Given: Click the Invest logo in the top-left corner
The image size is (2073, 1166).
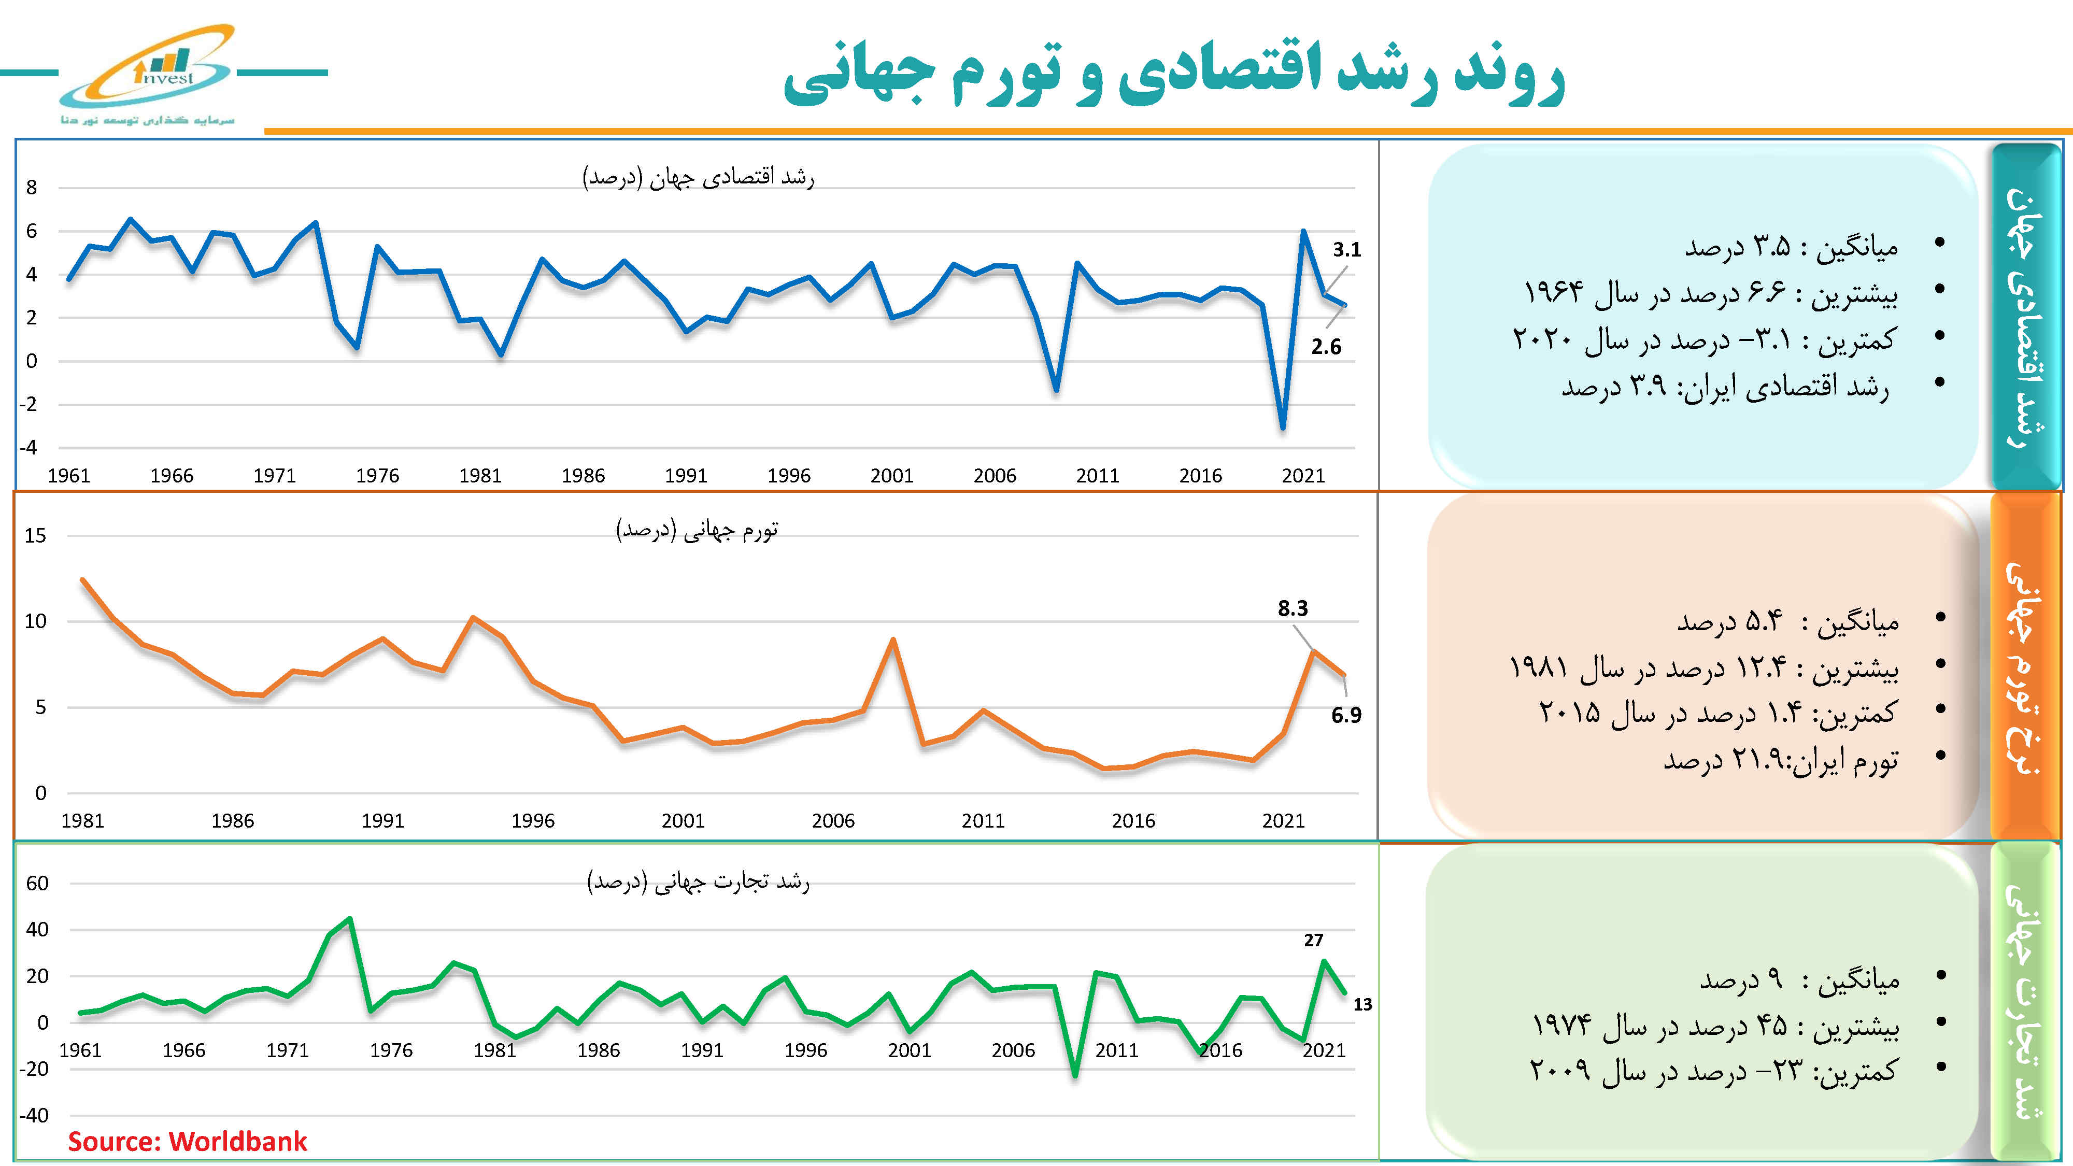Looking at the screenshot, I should [x=149, y=74].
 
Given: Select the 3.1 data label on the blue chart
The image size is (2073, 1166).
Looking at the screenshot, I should [x=1346, y=249].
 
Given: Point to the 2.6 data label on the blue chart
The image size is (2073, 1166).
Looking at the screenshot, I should [x=1325, y=347].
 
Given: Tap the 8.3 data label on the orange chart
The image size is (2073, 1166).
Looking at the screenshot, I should [x=1293, y=608].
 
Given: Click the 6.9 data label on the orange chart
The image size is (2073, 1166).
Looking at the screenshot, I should [x=1345, y=715].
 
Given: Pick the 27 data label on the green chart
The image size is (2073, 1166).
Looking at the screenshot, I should [x=1313, y=940].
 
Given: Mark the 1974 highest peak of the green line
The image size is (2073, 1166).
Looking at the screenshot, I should [x=349, y=919].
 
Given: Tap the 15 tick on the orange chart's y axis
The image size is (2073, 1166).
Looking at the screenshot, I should [x=35, y=535].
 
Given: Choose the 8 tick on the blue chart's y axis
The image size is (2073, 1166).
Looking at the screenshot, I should [x=32, y=188].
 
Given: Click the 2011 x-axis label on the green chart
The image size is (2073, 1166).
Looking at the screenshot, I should [x=1116, y=1050].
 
